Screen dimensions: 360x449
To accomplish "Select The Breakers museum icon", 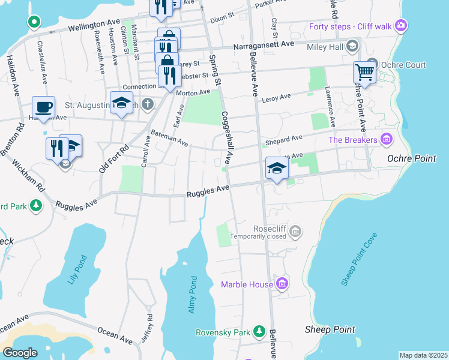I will (x=386, y=140).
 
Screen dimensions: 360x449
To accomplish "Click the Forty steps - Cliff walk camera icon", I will (x=401, y=26).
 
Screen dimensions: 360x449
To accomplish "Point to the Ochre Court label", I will (x=404, y=65).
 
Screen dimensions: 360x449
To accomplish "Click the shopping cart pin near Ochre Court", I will (x=364, y=73).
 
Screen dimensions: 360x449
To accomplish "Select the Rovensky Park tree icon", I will (x=259, y=331).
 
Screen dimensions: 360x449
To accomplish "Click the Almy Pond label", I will (x=192, y=295).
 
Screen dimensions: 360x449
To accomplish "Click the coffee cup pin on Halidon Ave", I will (x=43, y=107).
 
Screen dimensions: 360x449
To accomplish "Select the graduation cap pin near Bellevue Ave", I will (x=276, y=168).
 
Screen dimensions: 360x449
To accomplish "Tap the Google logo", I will (x=20, y=353).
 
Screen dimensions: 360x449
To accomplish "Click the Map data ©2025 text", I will (x=423, y=355).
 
